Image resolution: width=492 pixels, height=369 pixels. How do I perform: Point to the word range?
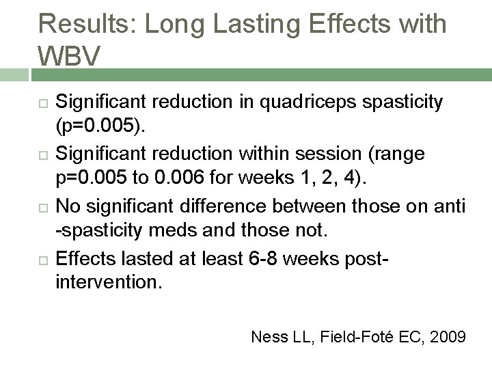[399, 154]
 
